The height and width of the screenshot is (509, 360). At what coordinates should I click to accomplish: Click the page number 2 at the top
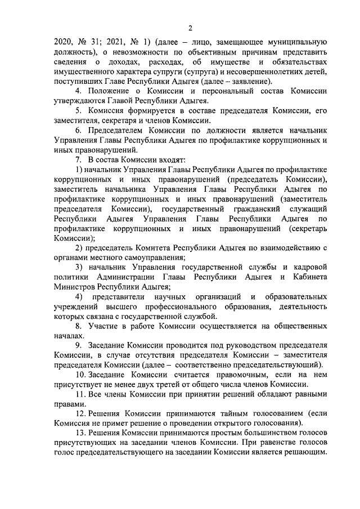pyautogui.click(x=190, y=28)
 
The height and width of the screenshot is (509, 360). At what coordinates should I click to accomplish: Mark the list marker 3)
pyautogui.click(x=79, y=267)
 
